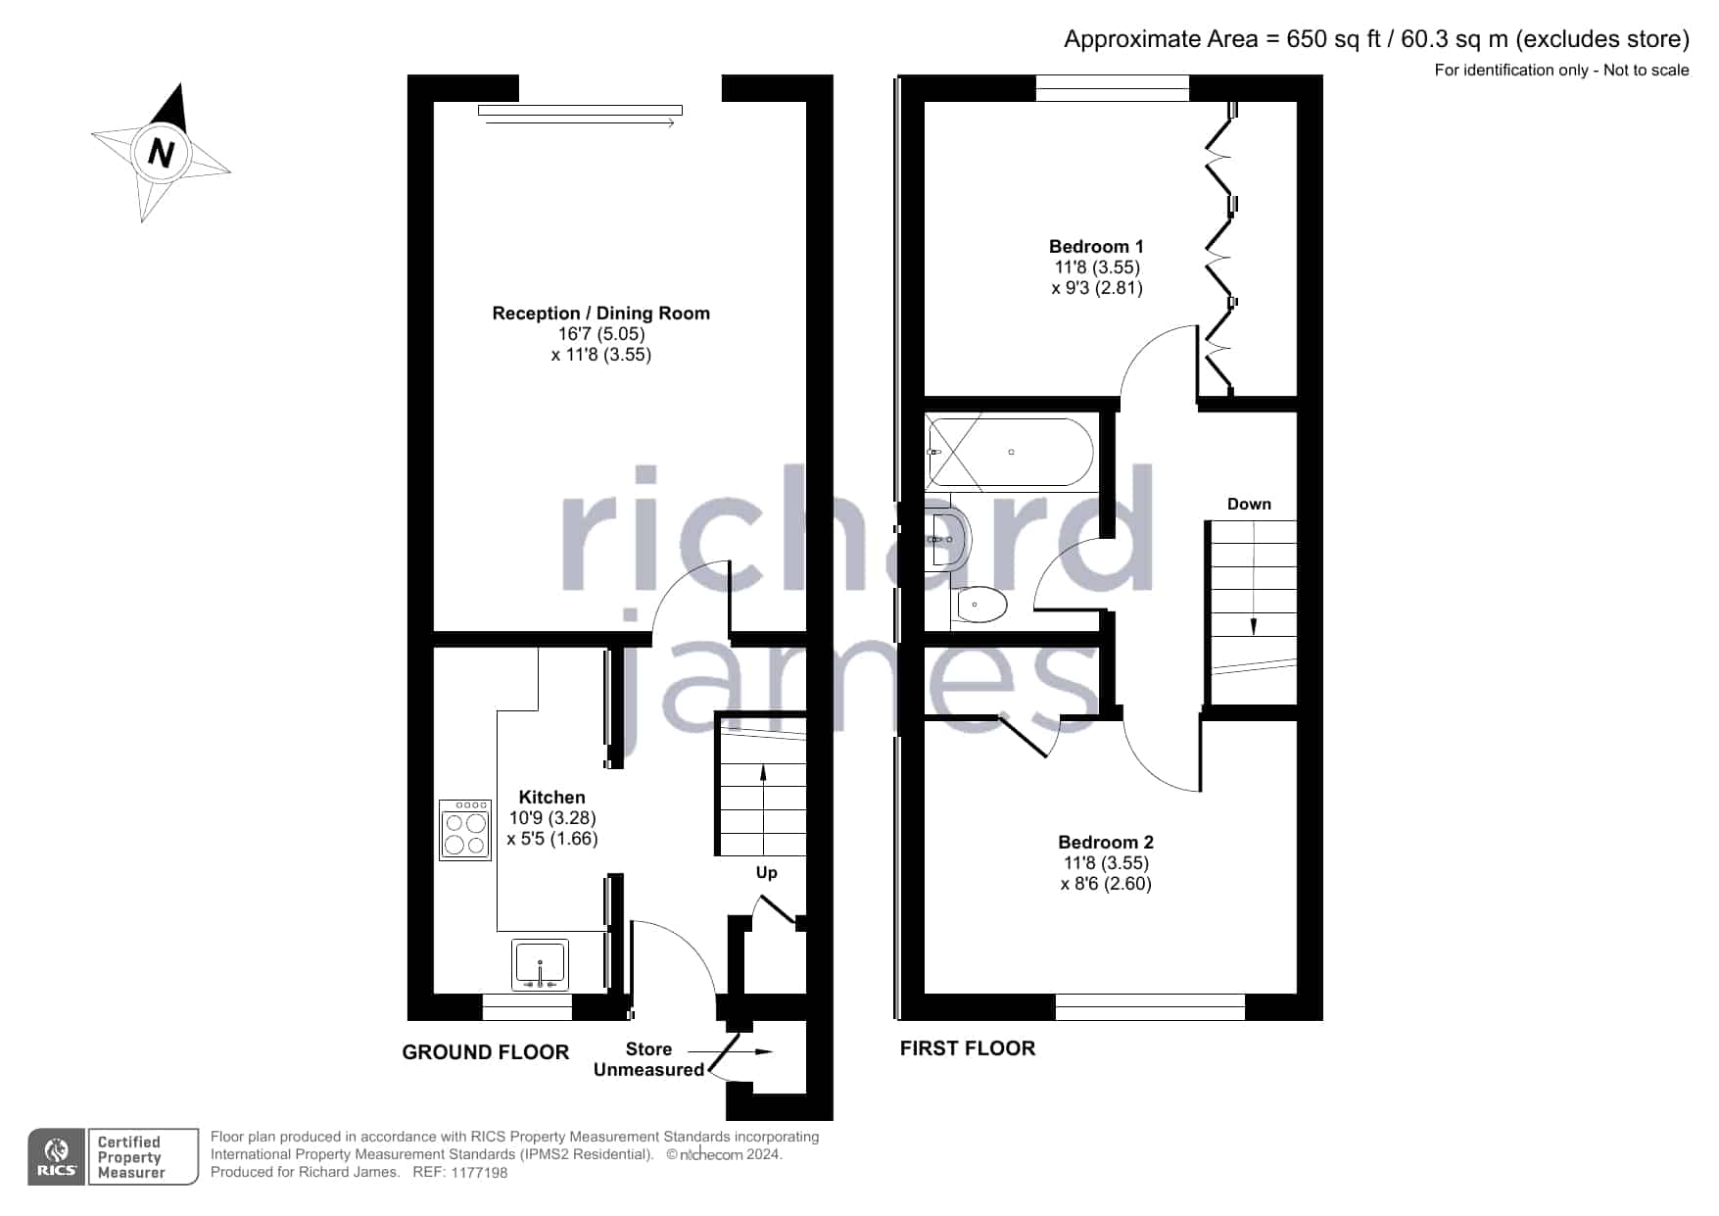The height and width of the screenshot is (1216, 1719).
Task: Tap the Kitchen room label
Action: tap(551, 798)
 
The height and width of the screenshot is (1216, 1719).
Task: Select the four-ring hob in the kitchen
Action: tap(465, 829)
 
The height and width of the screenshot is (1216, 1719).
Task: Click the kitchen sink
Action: tap(540, 964)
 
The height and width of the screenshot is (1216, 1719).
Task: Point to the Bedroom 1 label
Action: tap(1096, 247)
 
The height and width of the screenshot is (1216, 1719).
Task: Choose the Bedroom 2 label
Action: tap(1106, 843)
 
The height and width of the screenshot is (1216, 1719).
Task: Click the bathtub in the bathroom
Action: tap(1011, 453)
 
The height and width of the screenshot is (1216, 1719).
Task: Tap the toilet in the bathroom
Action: tap(979, 605)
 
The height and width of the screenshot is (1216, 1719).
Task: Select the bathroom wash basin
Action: tap(949, 539)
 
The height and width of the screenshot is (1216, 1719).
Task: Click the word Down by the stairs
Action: tap(1249, 505)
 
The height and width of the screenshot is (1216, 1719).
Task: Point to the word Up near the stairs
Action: tap(766, 873)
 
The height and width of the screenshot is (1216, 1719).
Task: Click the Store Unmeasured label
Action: tap(648, 1059)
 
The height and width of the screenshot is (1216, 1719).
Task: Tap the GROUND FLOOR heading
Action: tap(486, 1052)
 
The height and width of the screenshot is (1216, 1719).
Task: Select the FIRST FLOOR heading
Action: tap(968, 1048)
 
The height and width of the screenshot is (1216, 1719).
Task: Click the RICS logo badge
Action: tap(57, 1157)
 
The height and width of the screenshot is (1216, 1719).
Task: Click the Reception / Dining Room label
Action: tap(600, 314)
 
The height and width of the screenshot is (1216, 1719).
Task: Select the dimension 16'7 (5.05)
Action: tap(601, 334)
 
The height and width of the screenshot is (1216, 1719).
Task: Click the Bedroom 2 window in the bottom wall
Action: tap(1150, 1007)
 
